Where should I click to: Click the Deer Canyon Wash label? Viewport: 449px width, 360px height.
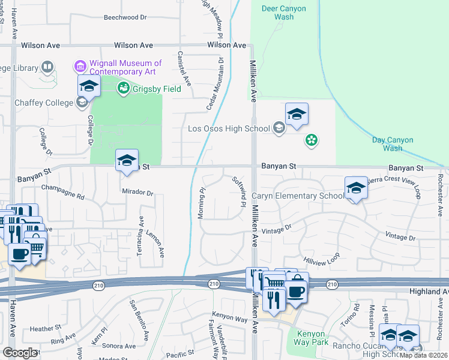tap(284, 13)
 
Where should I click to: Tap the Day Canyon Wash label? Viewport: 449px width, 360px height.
tap(393, 144)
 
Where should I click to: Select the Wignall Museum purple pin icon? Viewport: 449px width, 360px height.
tap(79, 64)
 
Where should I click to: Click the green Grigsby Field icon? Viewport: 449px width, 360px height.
tap(124, 89)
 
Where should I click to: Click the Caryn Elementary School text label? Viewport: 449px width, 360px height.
tap(298, 196)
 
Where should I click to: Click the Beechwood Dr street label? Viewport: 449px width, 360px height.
tap(125, 17)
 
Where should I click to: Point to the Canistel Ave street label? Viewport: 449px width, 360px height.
tap(184, 67)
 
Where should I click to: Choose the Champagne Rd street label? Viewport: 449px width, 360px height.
tap(63, 192)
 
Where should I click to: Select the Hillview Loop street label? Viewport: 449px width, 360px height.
tap(322, 259)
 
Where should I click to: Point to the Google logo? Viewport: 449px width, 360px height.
tap(19, 352)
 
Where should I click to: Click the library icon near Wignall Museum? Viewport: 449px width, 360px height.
tap(47, 67)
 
